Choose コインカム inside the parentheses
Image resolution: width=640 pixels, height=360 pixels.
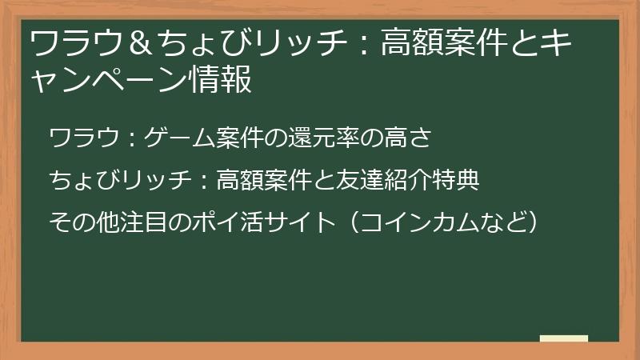tap(423, 222)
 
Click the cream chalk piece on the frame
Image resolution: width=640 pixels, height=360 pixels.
tap(563, 338)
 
